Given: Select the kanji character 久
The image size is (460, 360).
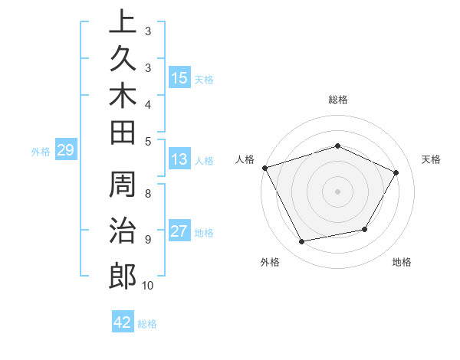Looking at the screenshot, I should [x=123, y=61].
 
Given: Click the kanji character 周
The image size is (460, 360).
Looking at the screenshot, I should [x=123, y=188].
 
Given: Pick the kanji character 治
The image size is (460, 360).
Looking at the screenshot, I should [x=123, y=232].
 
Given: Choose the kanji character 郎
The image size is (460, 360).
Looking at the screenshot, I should [x=123, y=276].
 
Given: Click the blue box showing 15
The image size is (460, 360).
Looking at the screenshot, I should [x=179, y=78].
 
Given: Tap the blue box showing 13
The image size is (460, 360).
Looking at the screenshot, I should [x=179, y=160].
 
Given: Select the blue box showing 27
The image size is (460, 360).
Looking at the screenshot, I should [x=179, y=232].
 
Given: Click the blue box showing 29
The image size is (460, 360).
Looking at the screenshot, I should [x=65, y=151].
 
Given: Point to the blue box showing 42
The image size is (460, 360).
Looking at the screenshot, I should [x=123, y=322].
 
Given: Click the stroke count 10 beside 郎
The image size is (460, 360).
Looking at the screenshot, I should [x=148, y=286].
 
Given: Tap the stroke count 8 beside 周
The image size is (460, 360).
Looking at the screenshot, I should [x=148, y=193].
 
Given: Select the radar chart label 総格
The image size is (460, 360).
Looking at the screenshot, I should [x=337, y=100].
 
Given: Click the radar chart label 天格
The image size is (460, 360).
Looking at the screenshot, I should [x=431, y=159].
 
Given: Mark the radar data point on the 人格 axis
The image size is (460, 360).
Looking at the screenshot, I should [x=264, y=168].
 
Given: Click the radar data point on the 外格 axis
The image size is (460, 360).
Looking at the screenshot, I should [x=301, y=242].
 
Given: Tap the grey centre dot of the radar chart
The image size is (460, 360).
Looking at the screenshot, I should [x=337, y=191].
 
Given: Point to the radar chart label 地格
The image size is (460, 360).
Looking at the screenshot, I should [x=402, y=262].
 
